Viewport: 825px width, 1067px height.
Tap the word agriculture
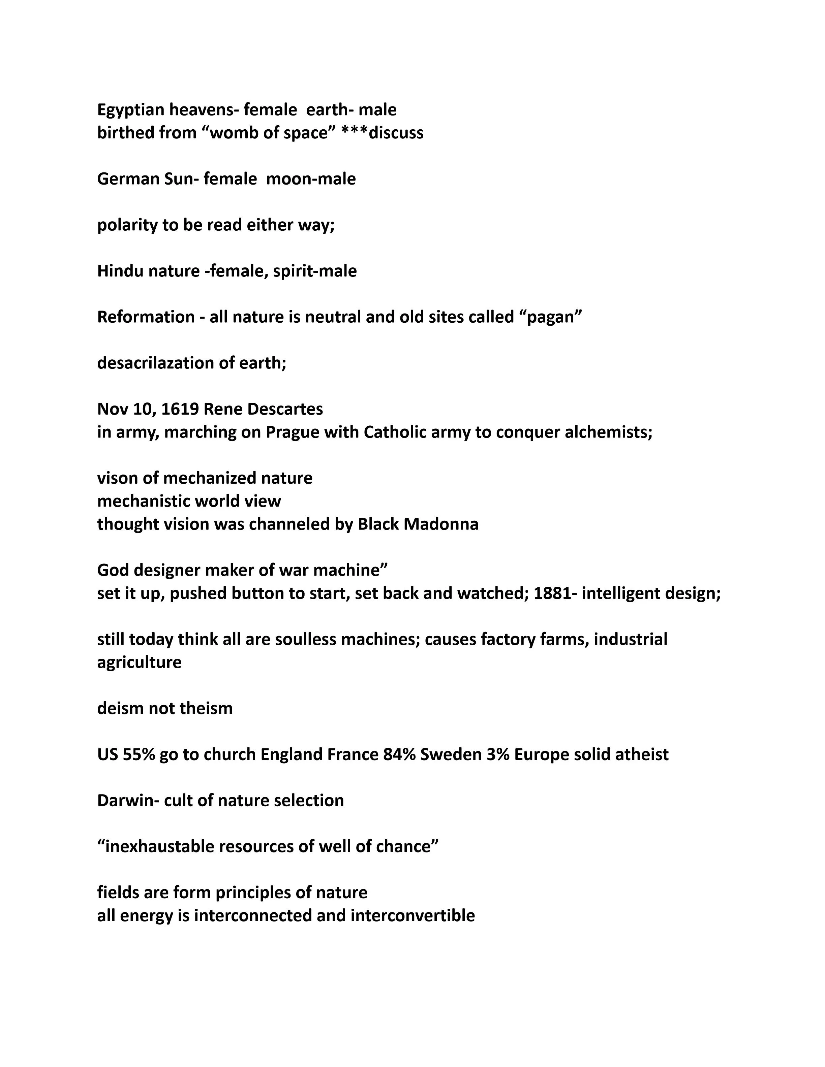coord(139,663)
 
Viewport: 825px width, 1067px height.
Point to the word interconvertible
coord(413,915)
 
